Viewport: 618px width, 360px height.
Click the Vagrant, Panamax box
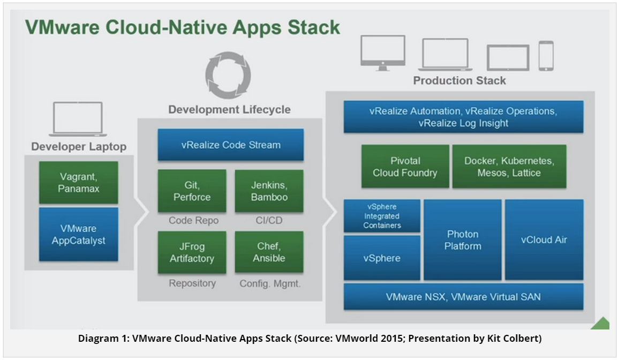(78, 183)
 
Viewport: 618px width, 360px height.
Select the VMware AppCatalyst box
(78, 234)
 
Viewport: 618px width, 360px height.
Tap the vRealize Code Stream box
(231, 145)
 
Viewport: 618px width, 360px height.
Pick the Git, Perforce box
(192, 191)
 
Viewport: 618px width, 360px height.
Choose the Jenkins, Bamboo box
(269, 191)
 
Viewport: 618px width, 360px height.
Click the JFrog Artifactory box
(192, 252)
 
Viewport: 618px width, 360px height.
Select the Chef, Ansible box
(269, 252)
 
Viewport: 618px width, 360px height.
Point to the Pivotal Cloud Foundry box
(405, 167)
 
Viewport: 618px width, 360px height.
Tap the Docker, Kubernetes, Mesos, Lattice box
(509, 167)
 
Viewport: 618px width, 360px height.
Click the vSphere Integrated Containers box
(382, 216)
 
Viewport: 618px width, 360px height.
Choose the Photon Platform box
(463, 240)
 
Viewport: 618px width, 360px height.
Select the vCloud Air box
(544, 240)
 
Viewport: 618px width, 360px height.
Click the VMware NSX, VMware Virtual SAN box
(464, 296)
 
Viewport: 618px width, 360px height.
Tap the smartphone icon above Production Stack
(546, 56)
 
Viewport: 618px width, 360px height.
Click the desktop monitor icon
(383, 53)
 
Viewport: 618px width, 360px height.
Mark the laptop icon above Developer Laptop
(78, 119)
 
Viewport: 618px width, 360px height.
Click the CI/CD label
(269, 220)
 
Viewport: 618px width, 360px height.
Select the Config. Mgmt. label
(270, 283)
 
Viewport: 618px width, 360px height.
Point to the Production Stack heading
(459, 80)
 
